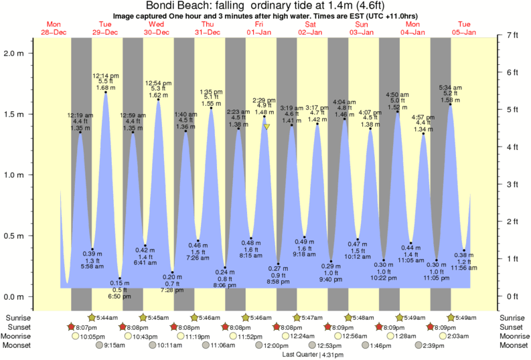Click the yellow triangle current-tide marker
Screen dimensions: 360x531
[267, 126]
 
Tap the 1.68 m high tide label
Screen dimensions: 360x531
[106, 87]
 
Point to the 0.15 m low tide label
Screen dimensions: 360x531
[120, 283]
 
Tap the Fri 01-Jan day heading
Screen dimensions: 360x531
[259, 27]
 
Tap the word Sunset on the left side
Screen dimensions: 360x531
[19, 327]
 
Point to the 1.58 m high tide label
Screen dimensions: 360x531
[449, 100]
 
